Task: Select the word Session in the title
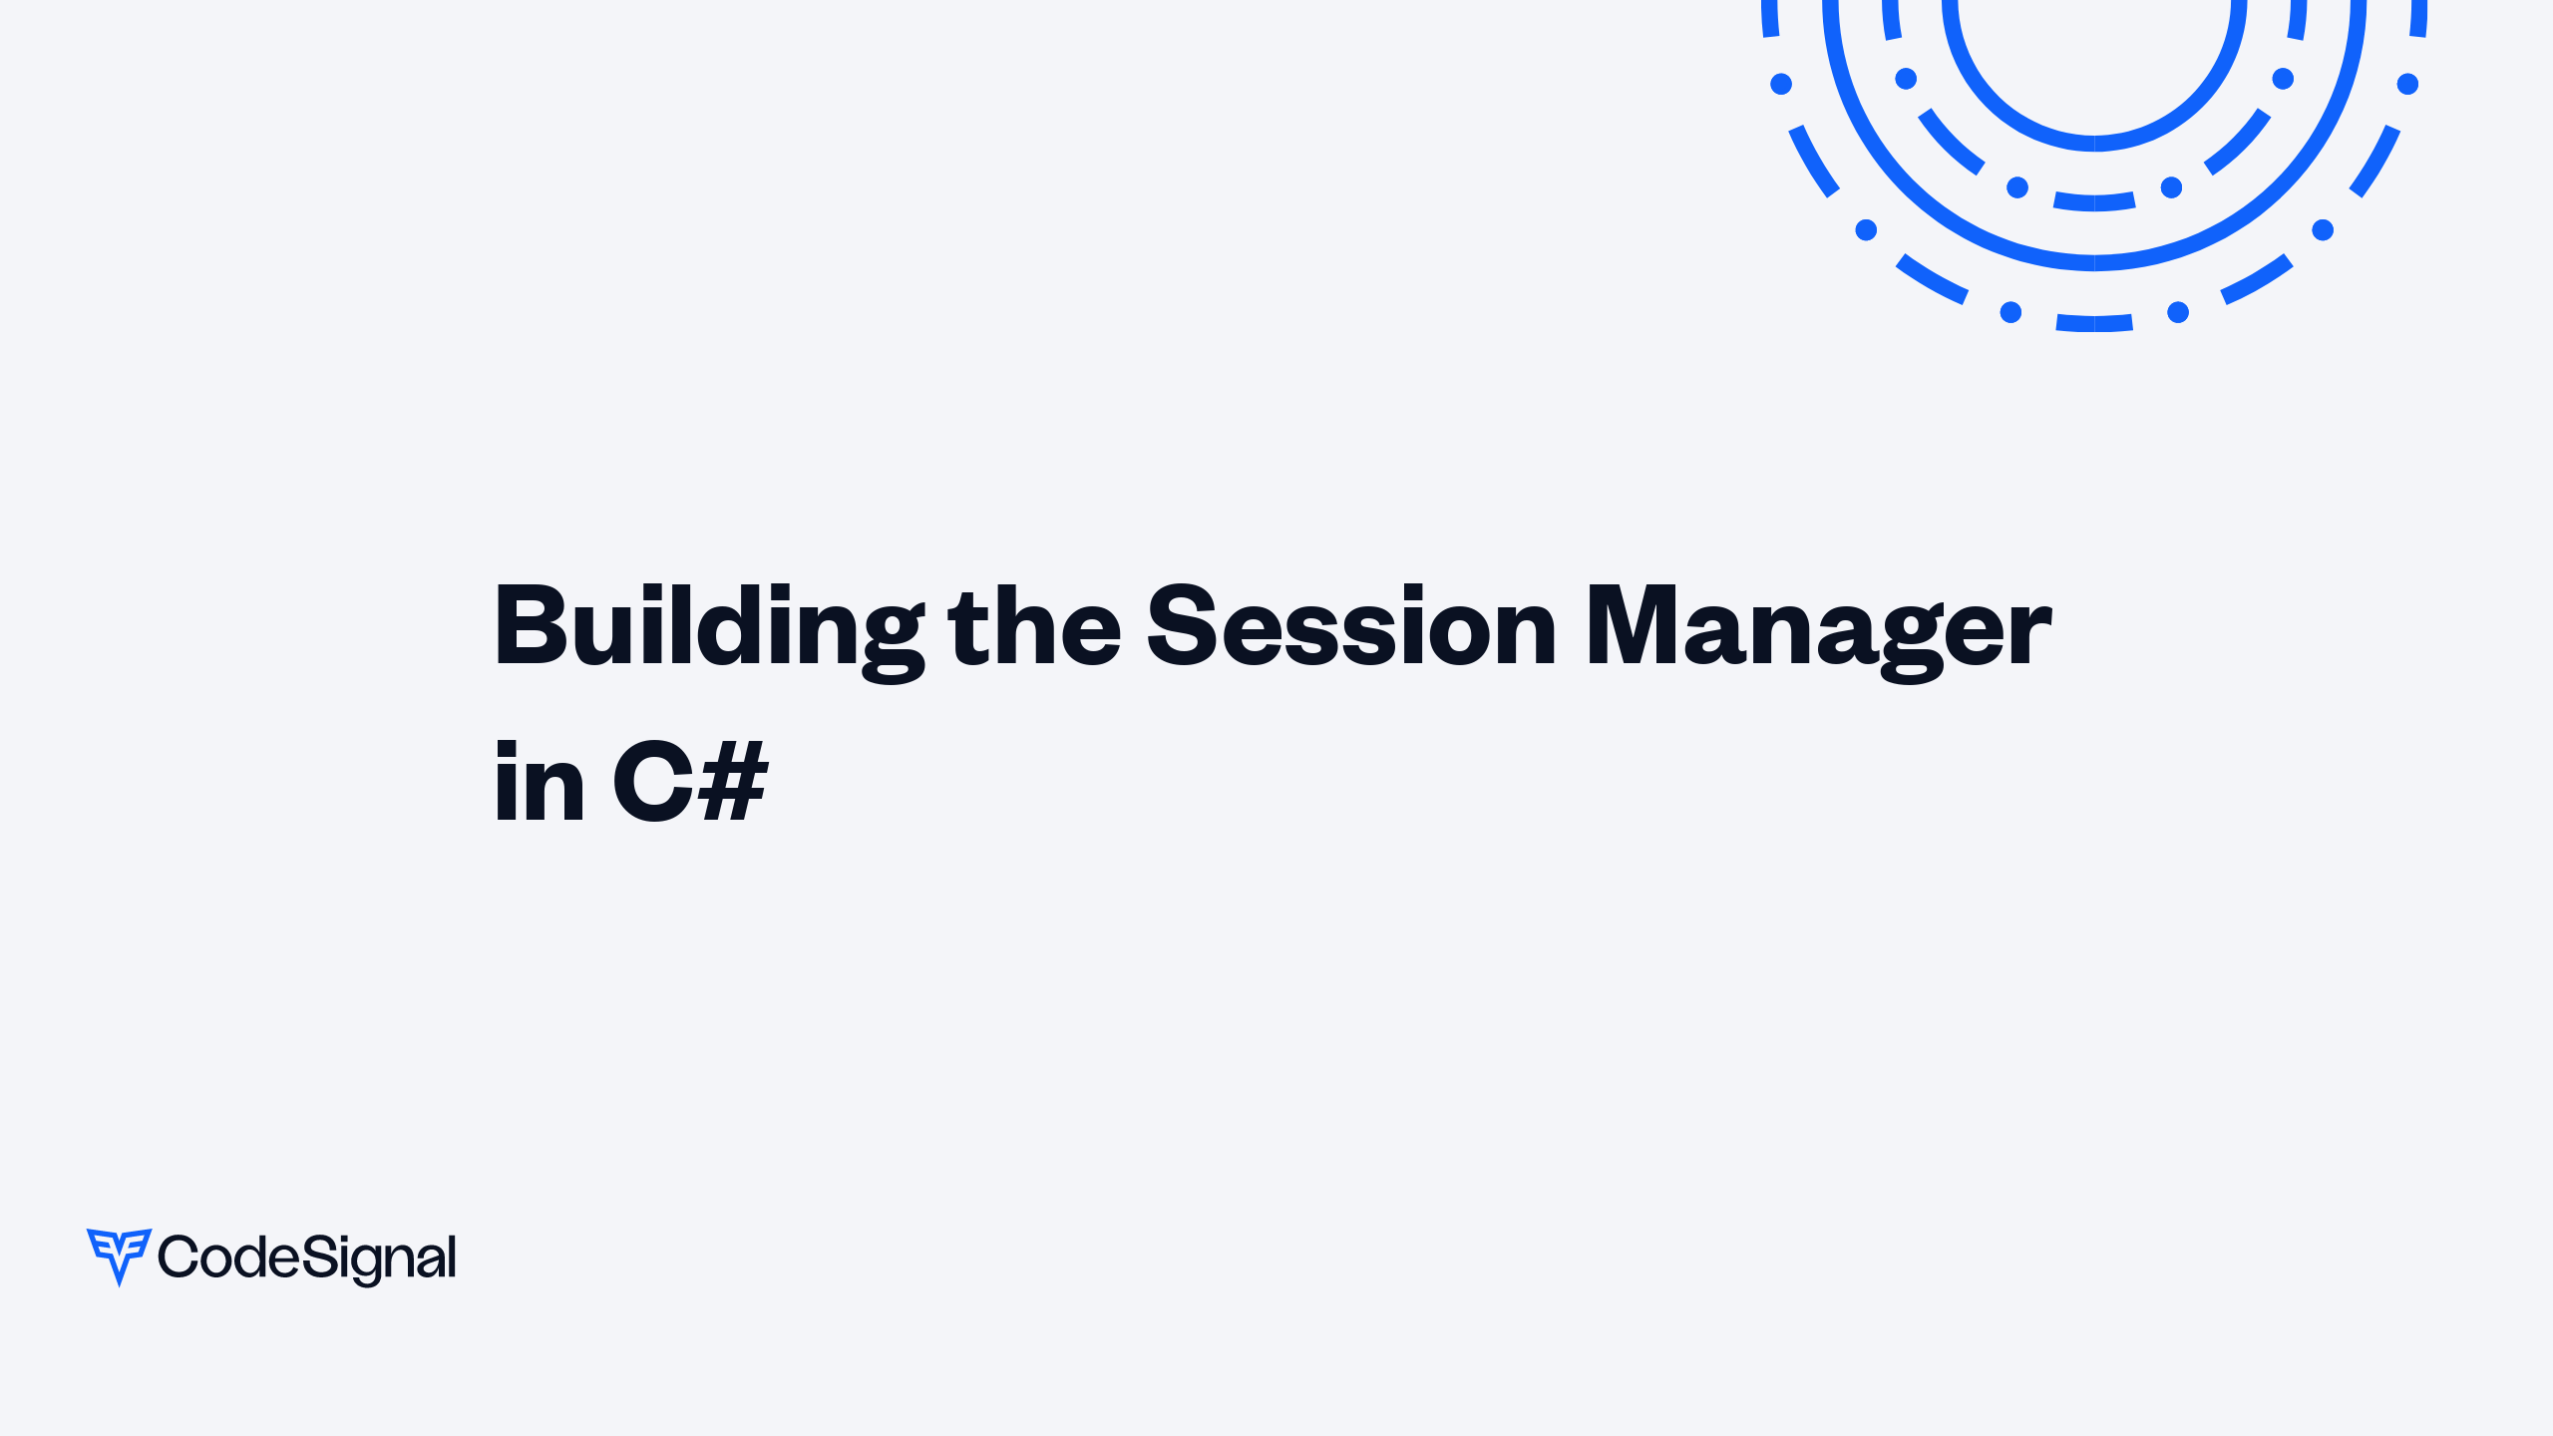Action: point(1351,626)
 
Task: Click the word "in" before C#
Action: point(539,783)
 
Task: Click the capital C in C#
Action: point(653,783)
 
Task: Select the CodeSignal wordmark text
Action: point(307,1257)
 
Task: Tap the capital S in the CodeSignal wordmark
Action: point(320,1256)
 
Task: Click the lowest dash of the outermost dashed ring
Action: point(2094,323)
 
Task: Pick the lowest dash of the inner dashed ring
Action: point(2094,202)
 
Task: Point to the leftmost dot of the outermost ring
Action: point(1781,84)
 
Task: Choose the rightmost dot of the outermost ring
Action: point(2407,84)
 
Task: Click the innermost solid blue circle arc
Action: point(2094,144)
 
